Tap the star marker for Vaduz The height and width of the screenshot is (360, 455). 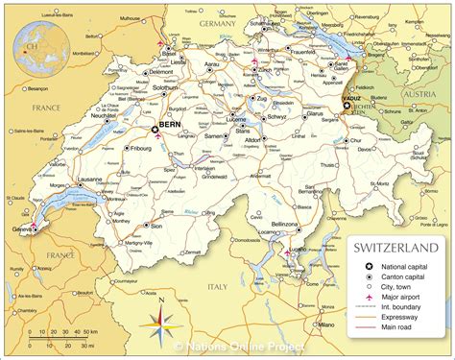pos(347,105)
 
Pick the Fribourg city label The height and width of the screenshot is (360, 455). pos(142,150)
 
